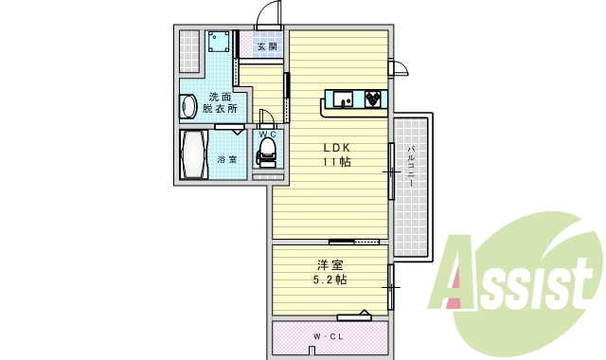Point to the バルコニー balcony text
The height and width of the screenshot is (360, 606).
[412, 166]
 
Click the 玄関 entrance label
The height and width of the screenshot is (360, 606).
[266, 45]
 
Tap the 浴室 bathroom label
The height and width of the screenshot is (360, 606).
[227, 158]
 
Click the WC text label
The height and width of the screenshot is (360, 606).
[267, 135]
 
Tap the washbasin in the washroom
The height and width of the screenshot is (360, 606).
[187, 106]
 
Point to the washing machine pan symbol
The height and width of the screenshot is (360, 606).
[220, 44]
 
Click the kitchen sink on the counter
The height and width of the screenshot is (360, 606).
[340, 97]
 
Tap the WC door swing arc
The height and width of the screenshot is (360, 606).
[265, 118]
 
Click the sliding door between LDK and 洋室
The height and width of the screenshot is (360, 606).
[360, 242]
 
